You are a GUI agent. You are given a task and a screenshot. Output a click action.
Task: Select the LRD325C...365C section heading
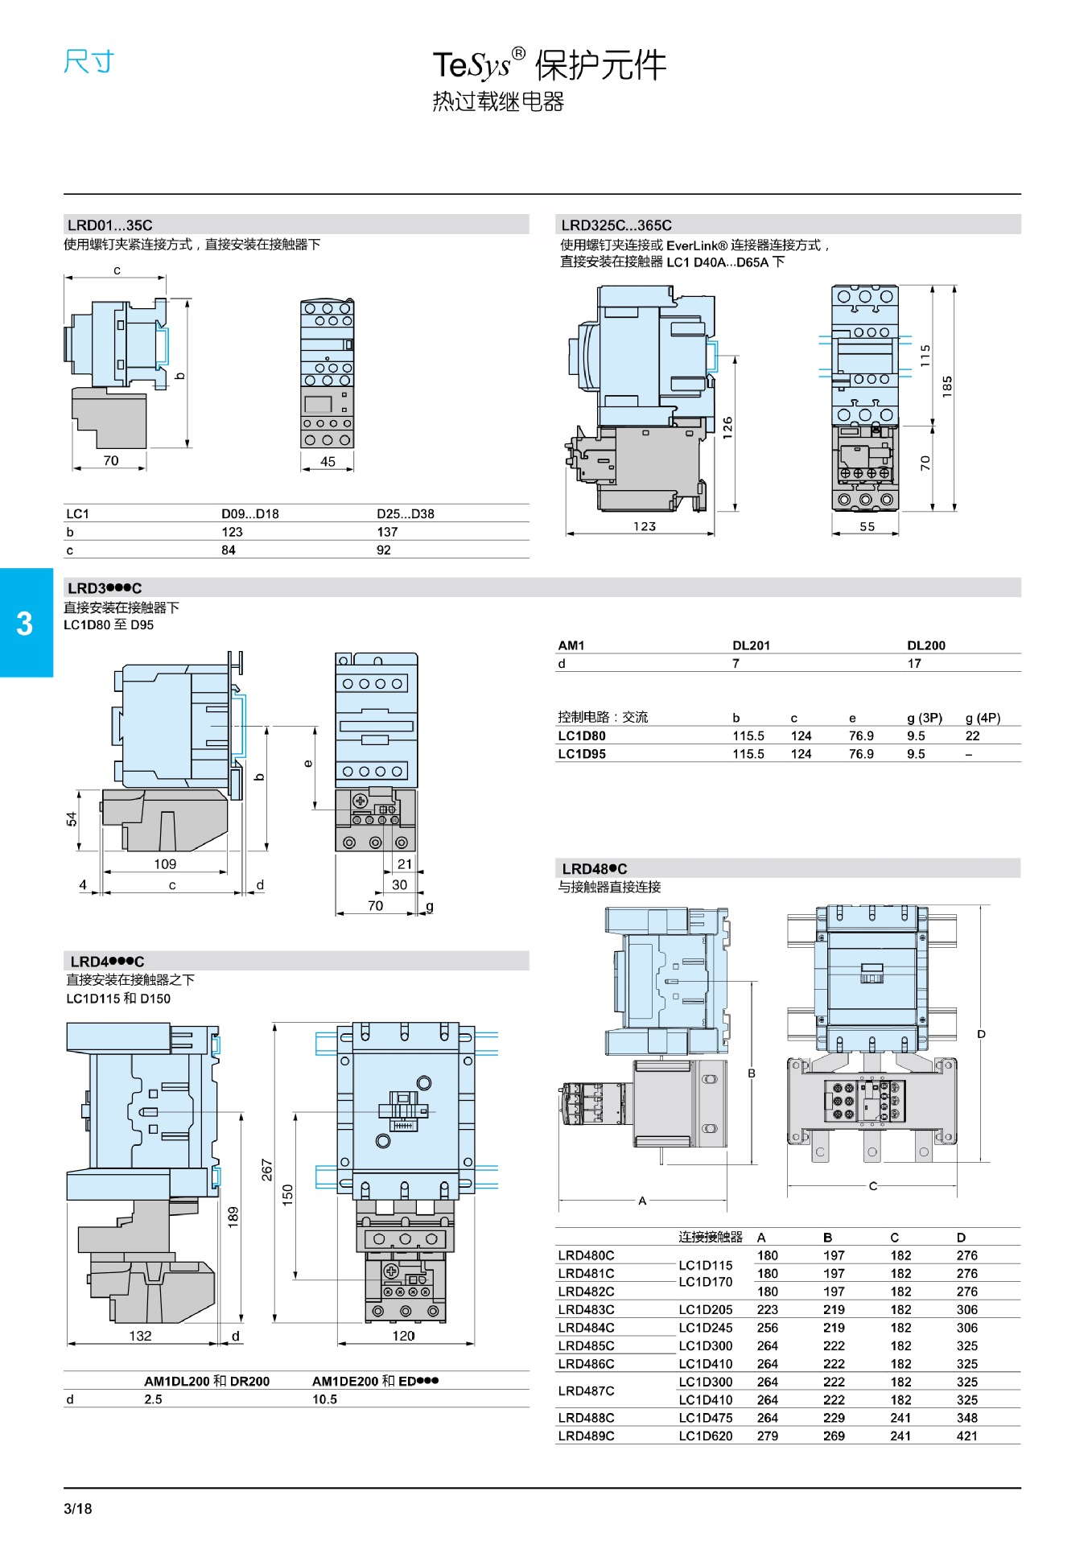616,225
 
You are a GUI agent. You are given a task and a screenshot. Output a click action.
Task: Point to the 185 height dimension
947,385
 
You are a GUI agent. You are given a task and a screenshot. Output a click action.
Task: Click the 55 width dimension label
867,526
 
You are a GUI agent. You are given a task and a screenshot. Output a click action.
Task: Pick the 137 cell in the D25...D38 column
387,532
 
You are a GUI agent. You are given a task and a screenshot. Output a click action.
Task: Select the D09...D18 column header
250,513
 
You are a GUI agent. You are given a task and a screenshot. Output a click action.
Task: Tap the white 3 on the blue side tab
25,624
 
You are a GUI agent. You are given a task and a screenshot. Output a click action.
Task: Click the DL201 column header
751,645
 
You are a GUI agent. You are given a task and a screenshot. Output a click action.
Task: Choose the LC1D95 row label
582,754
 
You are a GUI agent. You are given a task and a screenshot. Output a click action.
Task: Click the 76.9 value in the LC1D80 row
861,735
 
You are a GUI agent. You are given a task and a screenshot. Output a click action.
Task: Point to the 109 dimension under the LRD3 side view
165,863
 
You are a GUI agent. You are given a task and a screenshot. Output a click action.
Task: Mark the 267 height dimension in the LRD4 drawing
267,1169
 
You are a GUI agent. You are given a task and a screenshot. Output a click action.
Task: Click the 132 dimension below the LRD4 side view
140,1336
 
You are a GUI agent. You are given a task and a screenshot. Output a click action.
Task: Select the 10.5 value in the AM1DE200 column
325,1399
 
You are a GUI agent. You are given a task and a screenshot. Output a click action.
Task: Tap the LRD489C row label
586,1436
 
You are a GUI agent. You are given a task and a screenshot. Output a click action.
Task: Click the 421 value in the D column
967,1436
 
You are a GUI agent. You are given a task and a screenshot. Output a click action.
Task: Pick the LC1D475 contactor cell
706,1418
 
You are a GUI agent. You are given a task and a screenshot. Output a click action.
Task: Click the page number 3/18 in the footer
78,1509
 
